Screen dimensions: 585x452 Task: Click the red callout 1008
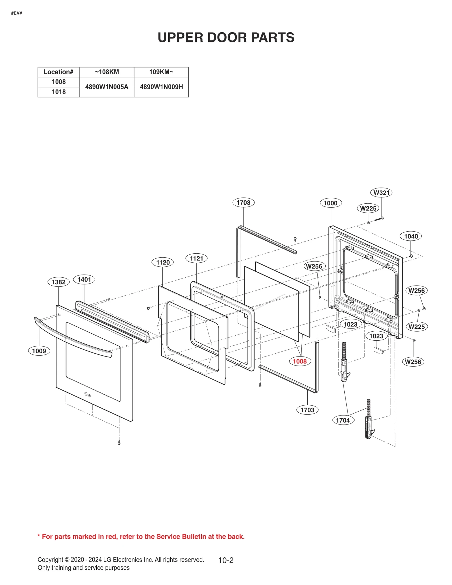300,361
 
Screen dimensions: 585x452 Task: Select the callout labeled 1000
331,203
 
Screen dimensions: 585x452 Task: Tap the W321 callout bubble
381,193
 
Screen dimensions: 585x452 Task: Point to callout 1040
411,236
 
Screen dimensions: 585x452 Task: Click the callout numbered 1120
163,262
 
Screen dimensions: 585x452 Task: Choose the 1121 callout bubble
196,258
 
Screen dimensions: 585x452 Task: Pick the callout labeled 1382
58,282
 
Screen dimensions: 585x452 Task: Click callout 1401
84,279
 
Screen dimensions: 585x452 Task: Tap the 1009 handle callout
39,351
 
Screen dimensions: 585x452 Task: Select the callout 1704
343,420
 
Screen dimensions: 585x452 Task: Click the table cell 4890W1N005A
107,87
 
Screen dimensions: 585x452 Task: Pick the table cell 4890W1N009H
161,87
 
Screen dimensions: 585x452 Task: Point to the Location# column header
58,72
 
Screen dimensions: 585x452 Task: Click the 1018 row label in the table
58,92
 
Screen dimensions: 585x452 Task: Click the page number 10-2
226,560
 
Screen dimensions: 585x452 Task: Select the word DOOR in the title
226,38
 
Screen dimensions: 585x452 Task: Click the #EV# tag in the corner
17,13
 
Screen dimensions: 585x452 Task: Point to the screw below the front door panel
119,443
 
